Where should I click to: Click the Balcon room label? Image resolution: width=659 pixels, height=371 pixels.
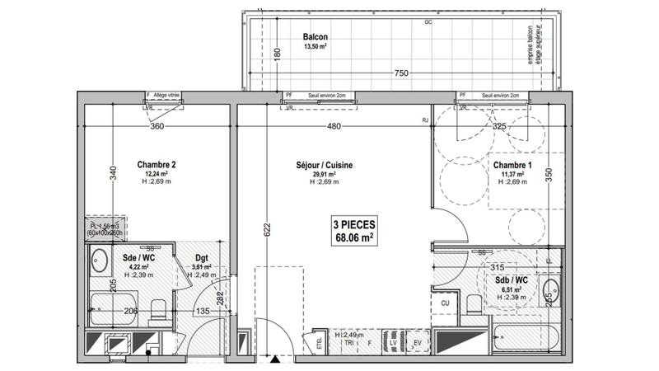(x=315, y=37)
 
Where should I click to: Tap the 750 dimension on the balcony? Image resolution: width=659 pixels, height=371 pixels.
(x=401, y=73)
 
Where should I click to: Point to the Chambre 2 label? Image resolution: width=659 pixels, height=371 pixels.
(x=157, y=164)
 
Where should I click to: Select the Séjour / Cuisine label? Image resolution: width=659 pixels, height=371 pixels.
(x=325, y=166)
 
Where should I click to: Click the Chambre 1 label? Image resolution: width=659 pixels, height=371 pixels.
(x=512, y=166)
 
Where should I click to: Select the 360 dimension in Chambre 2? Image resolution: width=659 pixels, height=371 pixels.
(x=158, y=127)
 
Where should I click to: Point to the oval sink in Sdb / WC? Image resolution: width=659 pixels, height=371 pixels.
(x=551, y=291)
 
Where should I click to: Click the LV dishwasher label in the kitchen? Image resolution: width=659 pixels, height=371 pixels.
(x=393, y=341)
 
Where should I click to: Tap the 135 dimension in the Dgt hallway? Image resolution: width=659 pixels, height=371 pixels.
(x=202, y=312)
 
